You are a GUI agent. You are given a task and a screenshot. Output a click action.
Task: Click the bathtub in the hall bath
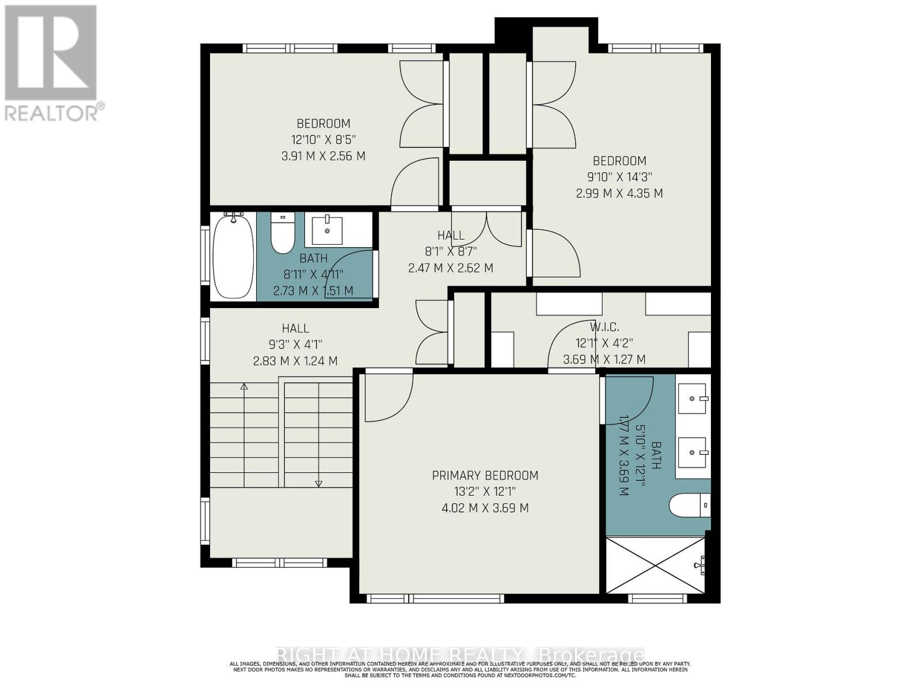[233, 256]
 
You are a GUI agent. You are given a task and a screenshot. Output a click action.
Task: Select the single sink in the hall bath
[327, 229]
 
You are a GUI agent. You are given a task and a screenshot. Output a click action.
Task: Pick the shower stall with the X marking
[655, 564]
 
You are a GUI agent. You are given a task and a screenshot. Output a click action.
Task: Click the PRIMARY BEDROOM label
[485, 476]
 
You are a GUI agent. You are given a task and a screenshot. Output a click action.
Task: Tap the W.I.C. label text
[605, 327]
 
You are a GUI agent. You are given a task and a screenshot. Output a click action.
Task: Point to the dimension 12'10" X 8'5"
[323, 139]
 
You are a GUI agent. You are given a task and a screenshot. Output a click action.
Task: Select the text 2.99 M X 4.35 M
[619, 193]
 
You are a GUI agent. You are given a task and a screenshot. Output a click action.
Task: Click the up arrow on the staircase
[244, 387]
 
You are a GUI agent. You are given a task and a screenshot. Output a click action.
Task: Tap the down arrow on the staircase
[319, 484]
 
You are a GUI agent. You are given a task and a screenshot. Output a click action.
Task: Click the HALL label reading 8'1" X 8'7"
[451, 251]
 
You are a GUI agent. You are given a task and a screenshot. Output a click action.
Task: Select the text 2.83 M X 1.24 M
[295, 361]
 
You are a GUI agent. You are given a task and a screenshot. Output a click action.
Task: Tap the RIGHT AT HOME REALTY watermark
[461, 655]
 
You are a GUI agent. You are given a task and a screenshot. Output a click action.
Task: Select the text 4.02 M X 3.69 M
[485, 508]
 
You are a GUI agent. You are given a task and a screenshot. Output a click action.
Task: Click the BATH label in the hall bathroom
[313, 258]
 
